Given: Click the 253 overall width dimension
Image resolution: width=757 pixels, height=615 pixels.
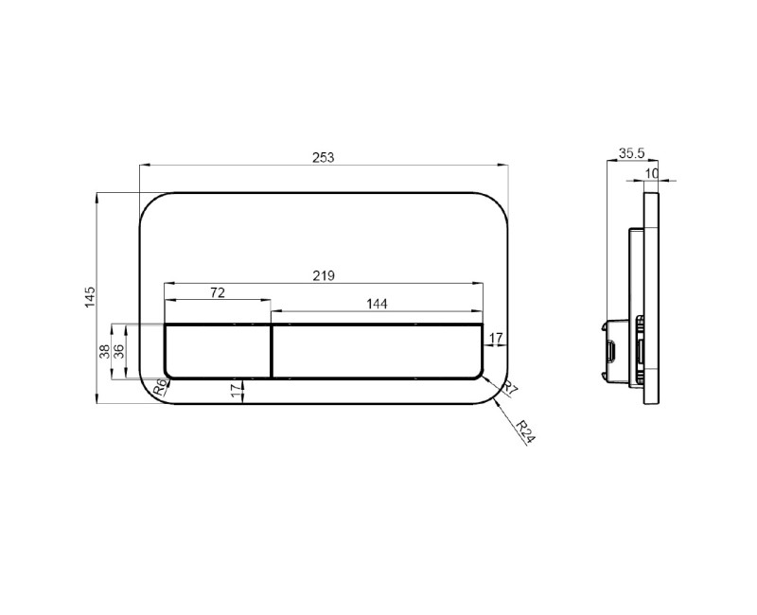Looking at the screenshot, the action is (323, 158).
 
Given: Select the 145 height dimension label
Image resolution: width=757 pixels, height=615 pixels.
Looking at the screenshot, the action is (90, 297).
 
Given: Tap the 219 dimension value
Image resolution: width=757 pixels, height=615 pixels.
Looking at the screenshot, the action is (323, 275).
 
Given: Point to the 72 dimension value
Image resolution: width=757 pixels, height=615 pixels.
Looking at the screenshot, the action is (218, 292).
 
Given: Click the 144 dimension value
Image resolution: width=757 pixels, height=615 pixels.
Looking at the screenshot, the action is (377, 304).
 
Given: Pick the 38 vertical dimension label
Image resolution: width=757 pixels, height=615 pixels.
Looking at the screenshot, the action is (104, 351).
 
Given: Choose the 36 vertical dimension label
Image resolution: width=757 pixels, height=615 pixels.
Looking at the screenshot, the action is (119, 351).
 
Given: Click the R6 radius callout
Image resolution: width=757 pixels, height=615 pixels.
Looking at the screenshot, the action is (161, 387).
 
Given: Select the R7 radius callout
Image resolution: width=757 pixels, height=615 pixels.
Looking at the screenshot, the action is (508, 388).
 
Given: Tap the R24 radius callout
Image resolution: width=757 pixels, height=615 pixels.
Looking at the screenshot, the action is (525, 431).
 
